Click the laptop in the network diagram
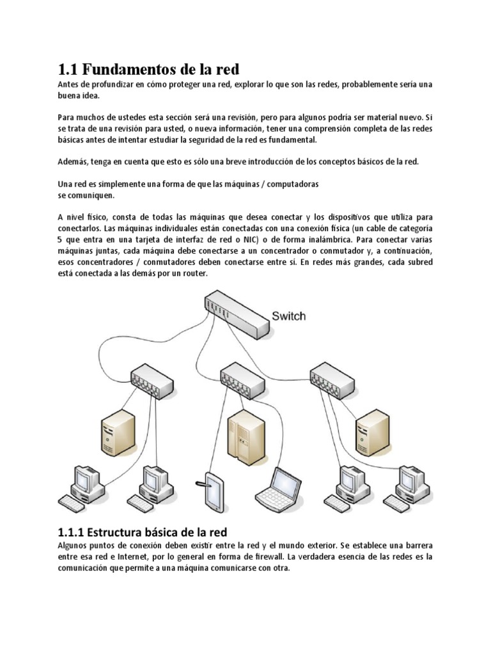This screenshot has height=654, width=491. (276, 487)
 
